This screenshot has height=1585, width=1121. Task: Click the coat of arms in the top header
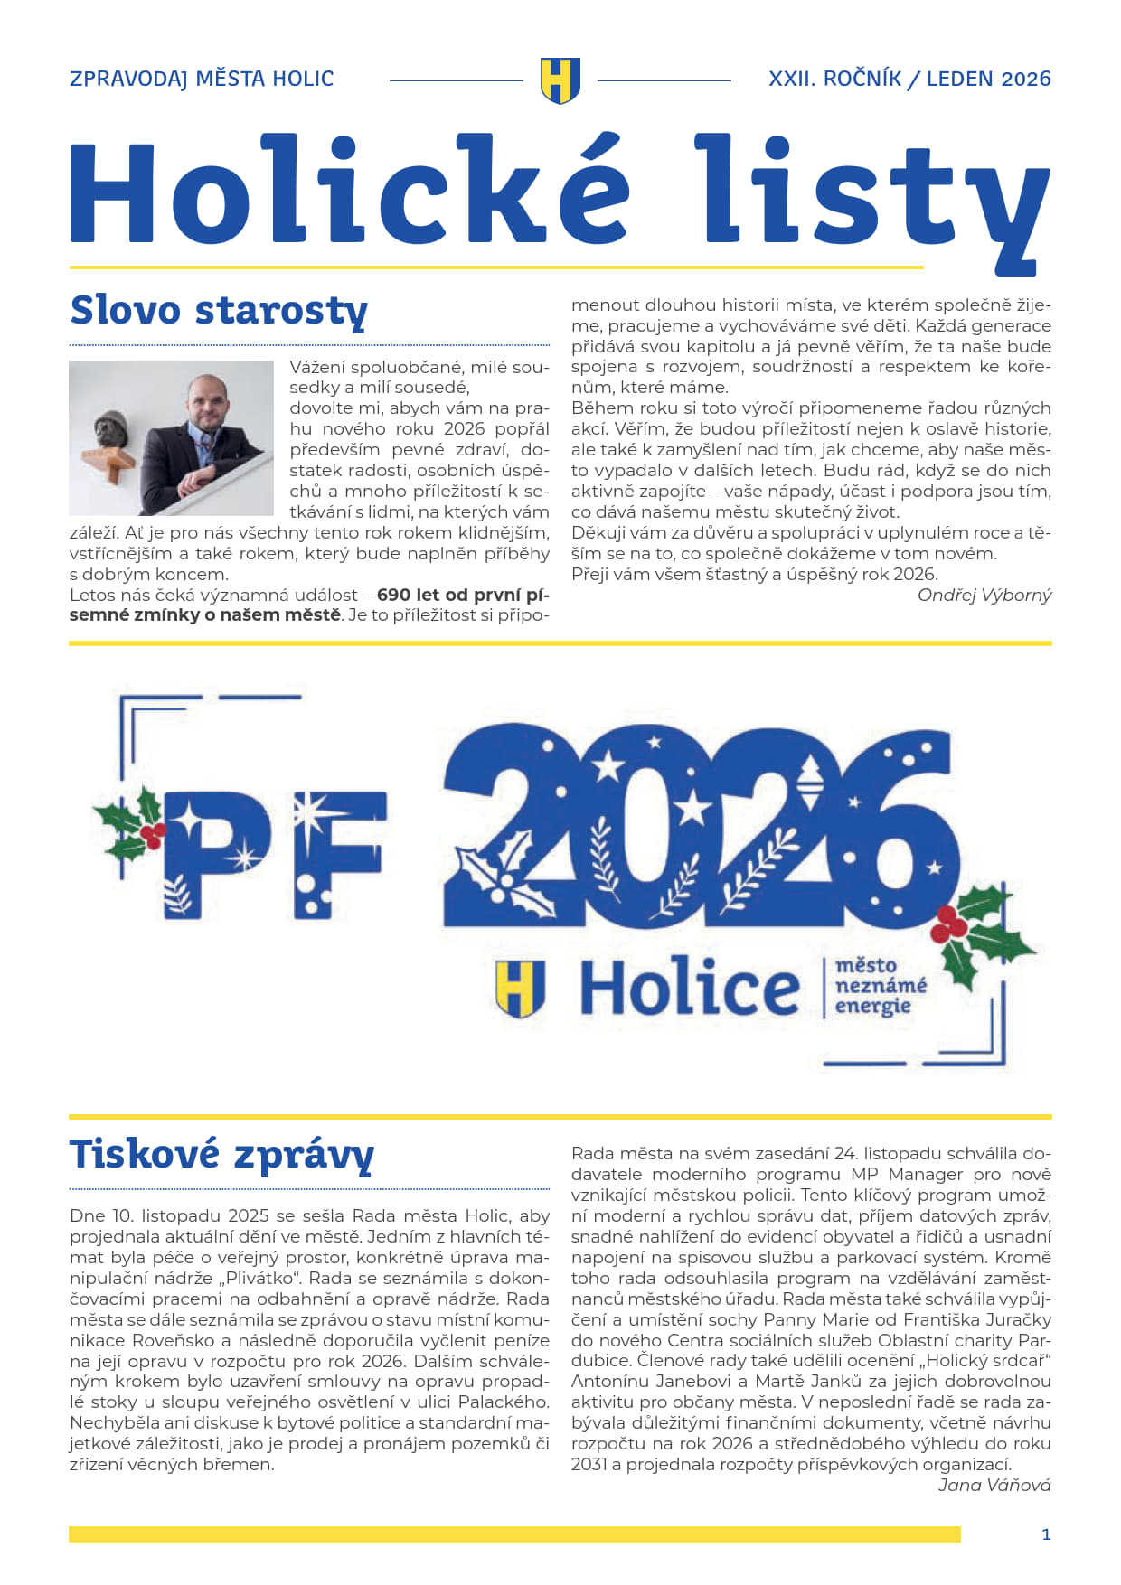[x=560, y=80]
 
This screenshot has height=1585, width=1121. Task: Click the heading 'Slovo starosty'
[x=219, y=310]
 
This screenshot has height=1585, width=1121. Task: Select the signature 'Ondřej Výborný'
[x=984, y=595]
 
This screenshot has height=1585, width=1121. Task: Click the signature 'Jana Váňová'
[x=994, y=1485]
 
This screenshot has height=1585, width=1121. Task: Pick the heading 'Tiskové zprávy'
[x=221, y=1156]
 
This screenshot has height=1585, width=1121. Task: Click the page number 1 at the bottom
[x=1046, y=1534]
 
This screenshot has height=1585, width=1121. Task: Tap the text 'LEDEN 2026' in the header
[x=988, y=80]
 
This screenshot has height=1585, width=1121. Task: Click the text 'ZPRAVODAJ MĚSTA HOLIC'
[x=202, y=80]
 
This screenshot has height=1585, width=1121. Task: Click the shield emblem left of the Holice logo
[x=520, y=988]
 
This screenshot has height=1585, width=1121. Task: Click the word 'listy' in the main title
[x=870, y=194]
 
